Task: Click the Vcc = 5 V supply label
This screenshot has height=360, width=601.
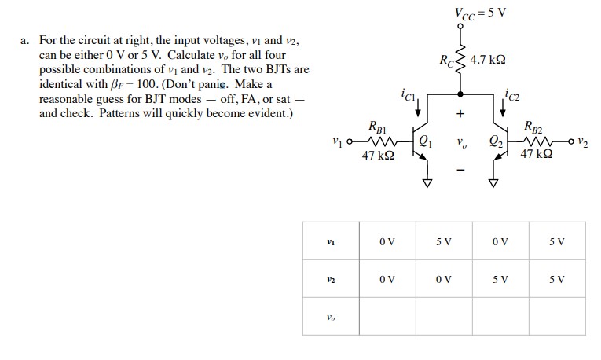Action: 479,13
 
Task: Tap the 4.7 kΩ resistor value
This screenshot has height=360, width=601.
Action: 487,60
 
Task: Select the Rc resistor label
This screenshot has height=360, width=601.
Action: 445,60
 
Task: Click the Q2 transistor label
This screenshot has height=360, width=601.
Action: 495,143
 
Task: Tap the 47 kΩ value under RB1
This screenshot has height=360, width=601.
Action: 378,157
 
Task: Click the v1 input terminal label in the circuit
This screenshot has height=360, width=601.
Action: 338,143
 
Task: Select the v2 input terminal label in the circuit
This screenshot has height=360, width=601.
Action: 581,143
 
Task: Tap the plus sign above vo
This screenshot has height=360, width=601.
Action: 460,114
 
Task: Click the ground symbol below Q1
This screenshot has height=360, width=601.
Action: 427,184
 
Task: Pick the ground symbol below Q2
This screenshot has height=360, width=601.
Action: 494,184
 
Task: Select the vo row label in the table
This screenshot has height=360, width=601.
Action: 331,318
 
